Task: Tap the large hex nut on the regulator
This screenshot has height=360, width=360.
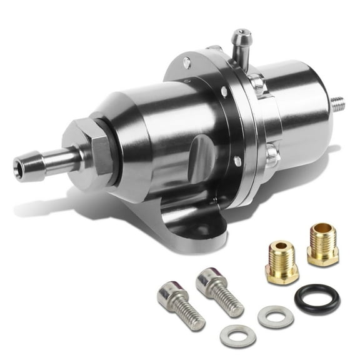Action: pos(94,150)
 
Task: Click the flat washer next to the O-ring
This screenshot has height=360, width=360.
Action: pos(276,316)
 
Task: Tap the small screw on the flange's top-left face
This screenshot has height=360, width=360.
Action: pos(187,62)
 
